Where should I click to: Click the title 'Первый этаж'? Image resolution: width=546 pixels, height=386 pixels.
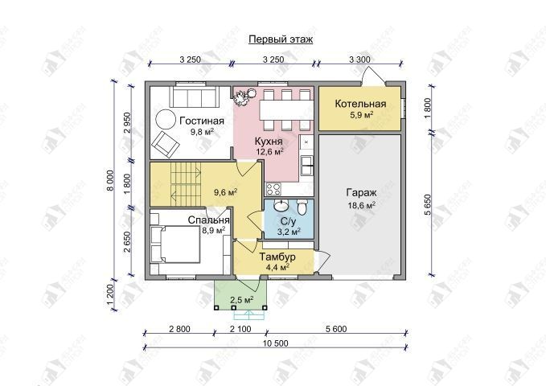coord(281,39)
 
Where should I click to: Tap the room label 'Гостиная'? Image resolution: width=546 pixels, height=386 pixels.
coord(202,121)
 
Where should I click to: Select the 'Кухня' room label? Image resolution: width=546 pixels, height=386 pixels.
coord(269,142)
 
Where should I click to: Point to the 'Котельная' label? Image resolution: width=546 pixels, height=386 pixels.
coord(361,104)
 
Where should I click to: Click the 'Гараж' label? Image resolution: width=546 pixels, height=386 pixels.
coord(361,193)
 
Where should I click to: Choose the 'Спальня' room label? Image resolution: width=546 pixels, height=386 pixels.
coord(208,220)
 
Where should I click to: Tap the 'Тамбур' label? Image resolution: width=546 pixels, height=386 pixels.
coord(277,257)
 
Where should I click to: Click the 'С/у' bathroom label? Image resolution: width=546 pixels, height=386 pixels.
coord(288,221)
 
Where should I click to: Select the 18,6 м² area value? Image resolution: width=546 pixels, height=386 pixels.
coord(361,205)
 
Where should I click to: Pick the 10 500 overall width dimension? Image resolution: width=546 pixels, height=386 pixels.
coord(276,343)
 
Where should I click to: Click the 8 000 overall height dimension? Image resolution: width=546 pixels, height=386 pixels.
coord(110,181)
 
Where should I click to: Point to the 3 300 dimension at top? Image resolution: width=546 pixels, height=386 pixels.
coord(359,60)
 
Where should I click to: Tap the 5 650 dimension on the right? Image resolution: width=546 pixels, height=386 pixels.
coord(428,205)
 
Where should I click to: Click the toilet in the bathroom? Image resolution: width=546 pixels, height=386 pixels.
coord(301,206)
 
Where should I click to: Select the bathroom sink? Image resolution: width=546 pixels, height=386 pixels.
coord(281,205)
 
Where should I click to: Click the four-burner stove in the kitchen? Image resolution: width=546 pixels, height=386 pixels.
coord(273,189)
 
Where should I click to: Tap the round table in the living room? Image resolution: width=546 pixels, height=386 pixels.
coord(166,120)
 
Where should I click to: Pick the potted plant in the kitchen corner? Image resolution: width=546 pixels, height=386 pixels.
coord(244,96)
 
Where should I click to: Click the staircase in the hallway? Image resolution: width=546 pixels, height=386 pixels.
coord(187,184)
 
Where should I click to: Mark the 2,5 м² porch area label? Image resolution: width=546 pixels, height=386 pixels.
coord(242,300)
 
